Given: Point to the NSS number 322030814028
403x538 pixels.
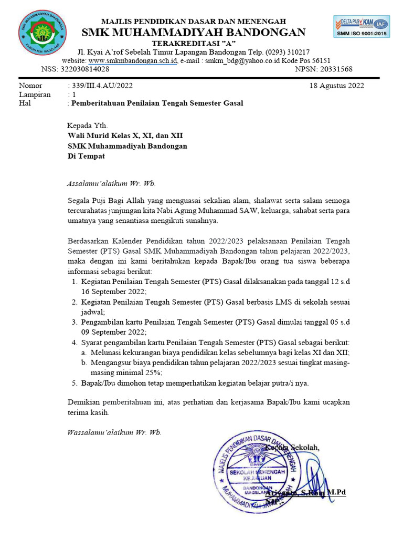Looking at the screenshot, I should coord(84,69).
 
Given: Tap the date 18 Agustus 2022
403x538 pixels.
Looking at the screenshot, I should coord(336,85).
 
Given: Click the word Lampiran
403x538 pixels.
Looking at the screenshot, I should coord(35,94).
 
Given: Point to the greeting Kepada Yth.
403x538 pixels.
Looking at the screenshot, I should coord(87,126).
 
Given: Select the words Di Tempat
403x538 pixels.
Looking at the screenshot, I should coord(86,156).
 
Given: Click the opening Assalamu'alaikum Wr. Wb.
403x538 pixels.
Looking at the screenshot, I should coord(111,184).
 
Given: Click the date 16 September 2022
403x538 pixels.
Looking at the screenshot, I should coord(113,291).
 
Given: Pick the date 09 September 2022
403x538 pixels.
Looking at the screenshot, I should coord(113,332).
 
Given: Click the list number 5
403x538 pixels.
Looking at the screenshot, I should coord(74,383).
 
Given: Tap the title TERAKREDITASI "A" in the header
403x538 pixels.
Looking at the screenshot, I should coord(194,43).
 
